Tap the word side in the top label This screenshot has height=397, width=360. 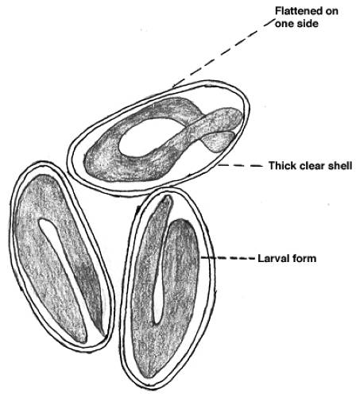point(308,24)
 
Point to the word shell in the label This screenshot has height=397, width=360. point(340,166)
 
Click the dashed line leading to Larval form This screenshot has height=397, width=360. point(228,258)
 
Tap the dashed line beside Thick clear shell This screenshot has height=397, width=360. point(240,166)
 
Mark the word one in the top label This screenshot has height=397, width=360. point(285,24)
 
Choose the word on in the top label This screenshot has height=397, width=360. point(332,12)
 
